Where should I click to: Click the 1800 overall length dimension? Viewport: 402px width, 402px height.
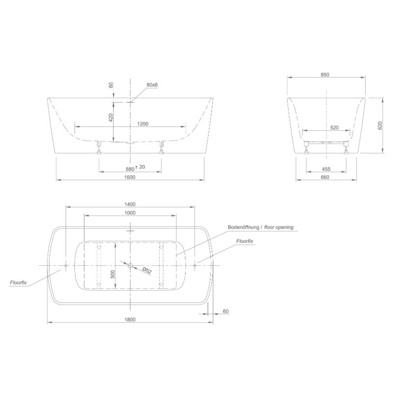point(130,320)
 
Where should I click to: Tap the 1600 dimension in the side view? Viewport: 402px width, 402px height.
point(130,177)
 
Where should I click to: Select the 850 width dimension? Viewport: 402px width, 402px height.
point(325,75)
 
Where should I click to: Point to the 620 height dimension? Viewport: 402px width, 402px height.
point(380,126)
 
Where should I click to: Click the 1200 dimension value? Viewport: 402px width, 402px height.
point(143,124)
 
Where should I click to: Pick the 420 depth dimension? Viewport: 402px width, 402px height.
point(111,118)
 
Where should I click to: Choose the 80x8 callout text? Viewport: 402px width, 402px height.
point(152,85)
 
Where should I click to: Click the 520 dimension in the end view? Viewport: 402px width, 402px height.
point(334,127)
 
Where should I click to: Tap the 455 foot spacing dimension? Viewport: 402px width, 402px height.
point(326,169)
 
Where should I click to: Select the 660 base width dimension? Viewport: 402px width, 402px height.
point(325,177)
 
